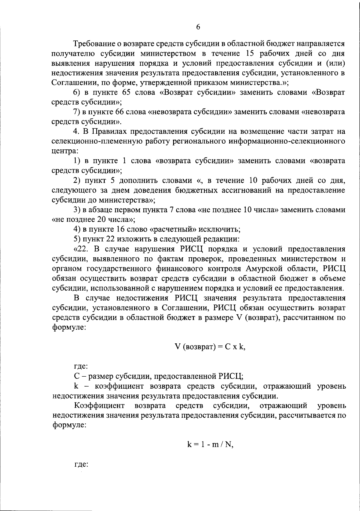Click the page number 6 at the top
[198, 27]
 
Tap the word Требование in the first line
[93, 44]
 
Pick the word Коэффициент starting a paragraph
[99, 406]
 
